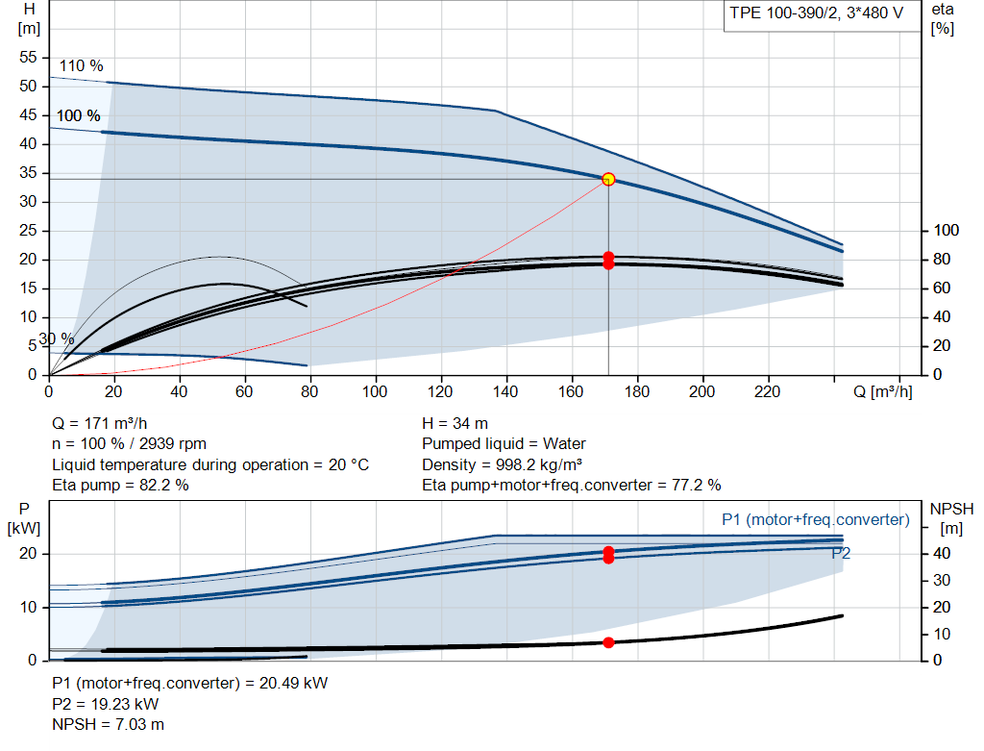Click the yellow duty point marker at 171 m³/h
tap(608, 180)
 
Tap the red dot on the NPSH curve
tap(608, 642)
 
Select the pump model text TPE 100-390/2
tap(784, 13)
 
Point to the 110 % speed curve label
tap(81, 66)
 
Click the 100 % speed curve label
tap(79, 115)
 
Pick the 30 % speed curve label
tap(57, 339)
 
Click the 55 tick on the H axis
tap(28, 57)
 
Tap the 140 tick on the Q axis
tap(505, 391)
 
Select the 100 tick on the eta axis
tap(946, 231)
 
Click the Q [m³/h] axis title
tap(882, 391)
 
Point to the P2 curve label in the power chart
tap(841, 553)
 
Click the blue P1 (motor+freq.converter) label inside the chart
tap(815, 520)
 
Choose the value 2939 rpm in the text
tap(173, 444)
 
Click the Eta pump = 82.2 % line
tap(120, 486)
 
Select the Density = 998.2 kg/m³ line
tap(502, 464)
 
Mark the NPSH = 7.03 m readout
tap(108, 725)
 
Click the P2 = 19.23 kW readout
tap(106, 704)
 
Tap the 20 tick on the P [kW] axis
tap(28, 554)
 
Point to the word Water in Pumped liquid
tap(564, 444)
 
